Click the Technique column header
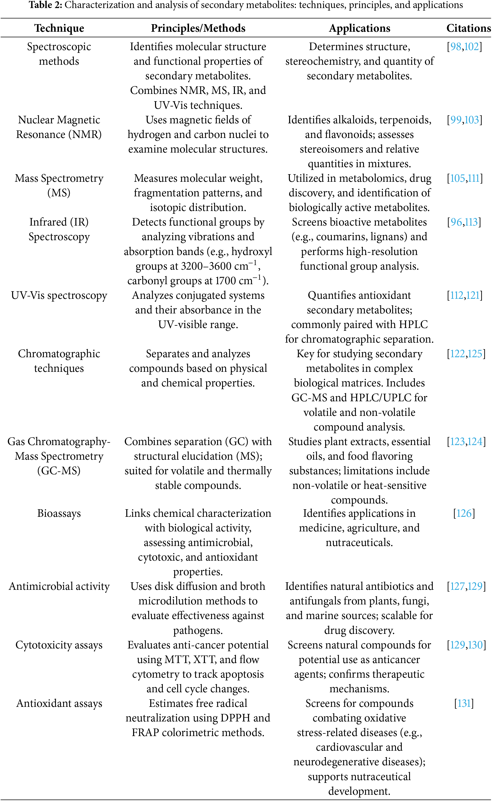[x=59, y=28]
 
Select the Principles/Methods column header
[x=198, y=28]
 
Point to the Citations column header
[x=468, y=28]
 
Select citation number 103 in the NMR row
[x=472, y=120]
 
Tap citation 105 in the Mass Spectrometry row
[x=457, y=178]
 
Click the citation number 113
[x=471, y=222]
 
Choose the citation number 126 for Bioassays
[x=464, y=513]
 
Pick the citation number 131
[x=464, y=704]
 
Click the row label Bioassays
[x=59, y=513]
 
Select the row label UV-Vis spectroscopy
[x=59, y=296]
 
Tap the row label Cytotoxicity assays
[x=59, y=645]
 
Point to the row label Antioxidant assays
[x=59, y=704]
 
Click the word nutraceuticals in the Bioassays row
[x=359, y=542]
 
